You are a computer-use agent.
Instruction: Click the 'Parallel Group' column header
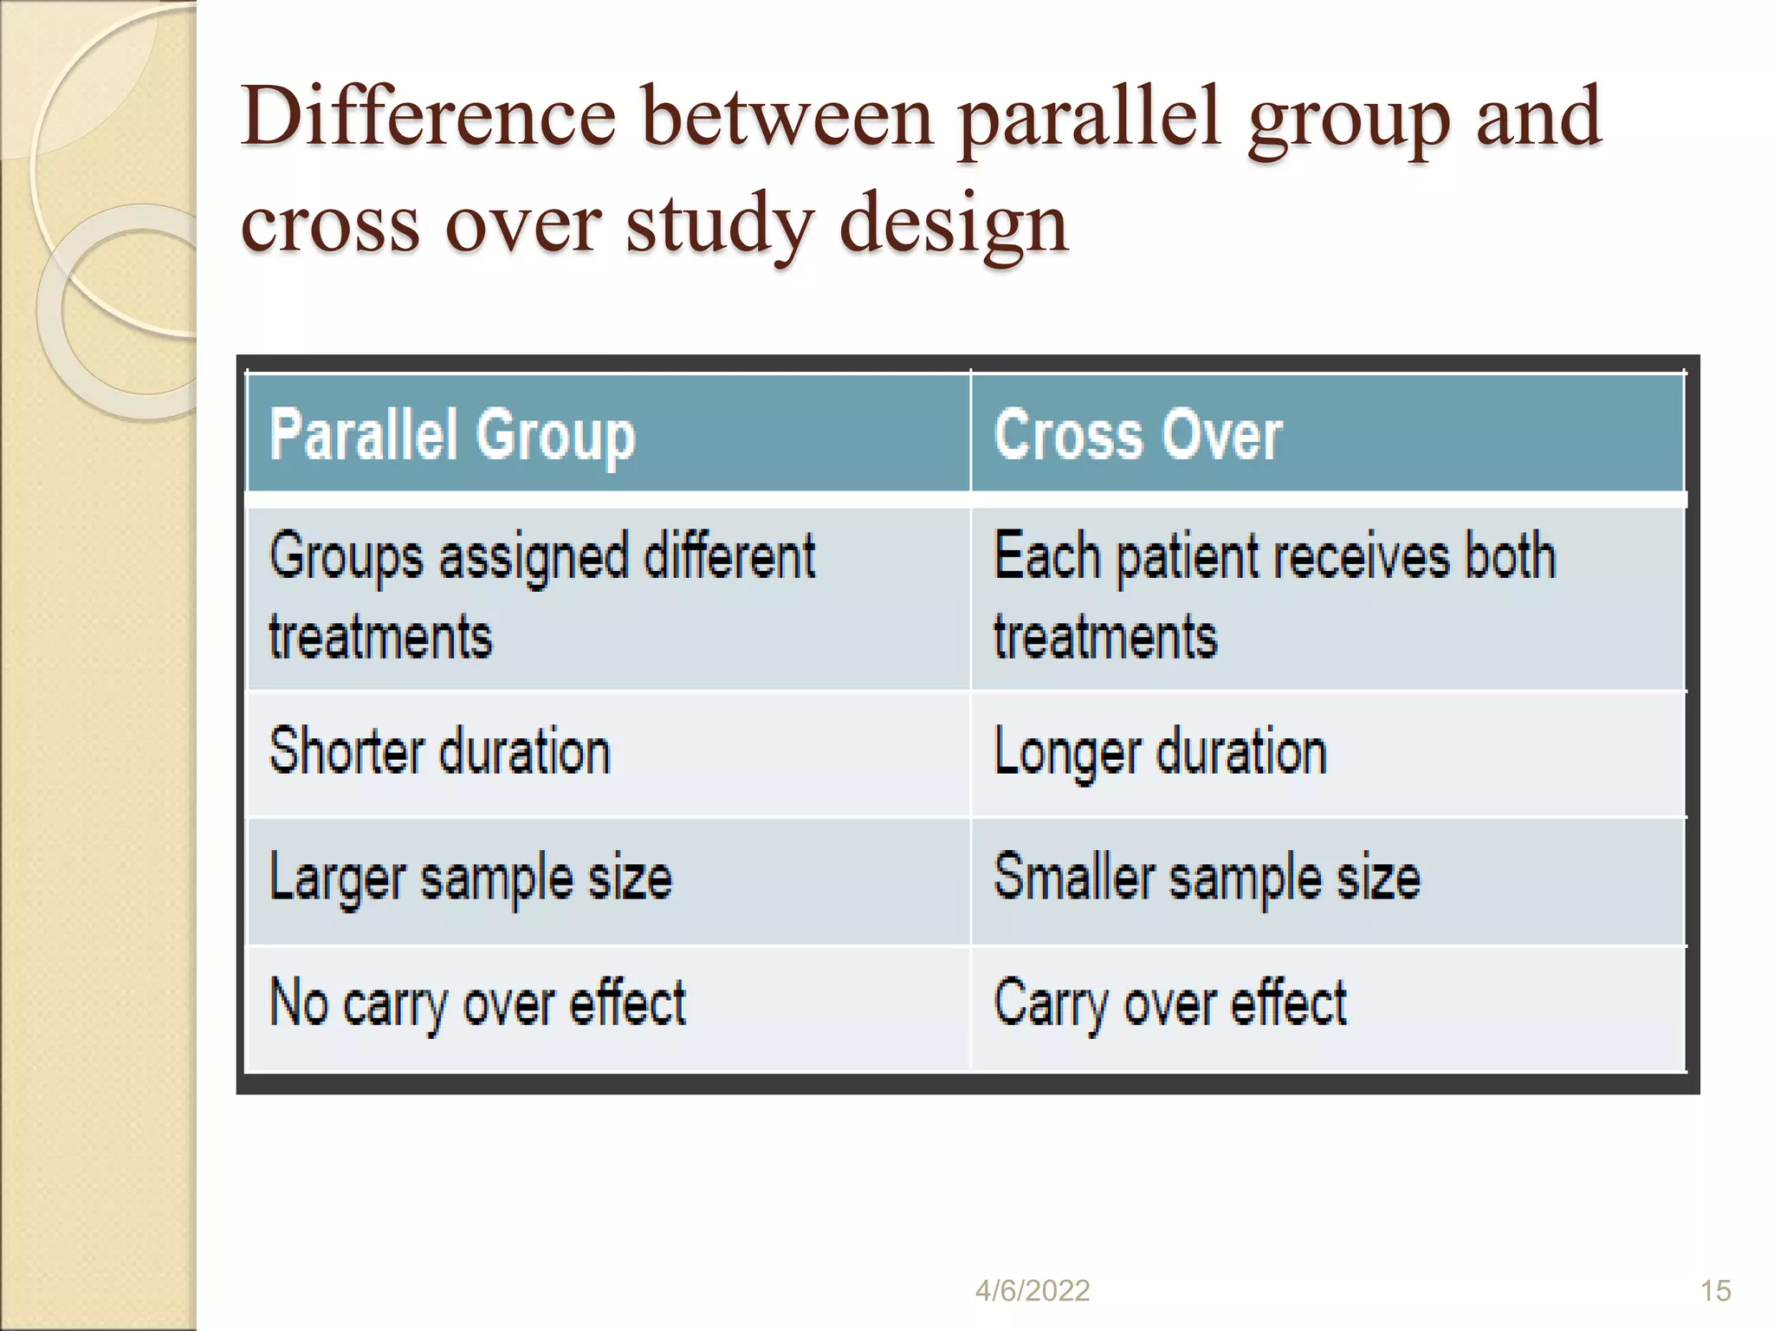452,436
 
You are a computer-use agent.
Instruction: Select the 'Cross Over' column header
1137,436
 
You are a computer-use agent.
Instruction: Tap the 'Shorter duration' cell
440,751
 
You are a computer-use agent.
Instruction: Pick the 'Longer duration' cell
1160,753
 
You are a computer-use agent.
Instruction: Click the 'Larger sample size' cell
470,878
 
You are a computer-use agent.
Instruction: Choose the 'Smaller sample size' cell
1207,877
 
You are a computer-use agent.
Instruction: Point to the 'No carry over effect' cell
477,1003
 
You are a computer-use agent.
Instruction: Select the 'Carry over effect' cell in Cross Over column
1169,1003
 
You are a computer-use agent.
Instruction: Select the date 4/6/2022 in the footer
1032,1291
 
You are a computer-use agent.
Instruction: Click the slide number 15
1715,1291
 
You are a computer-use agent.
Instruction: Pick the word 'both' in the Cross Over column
1509,555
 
